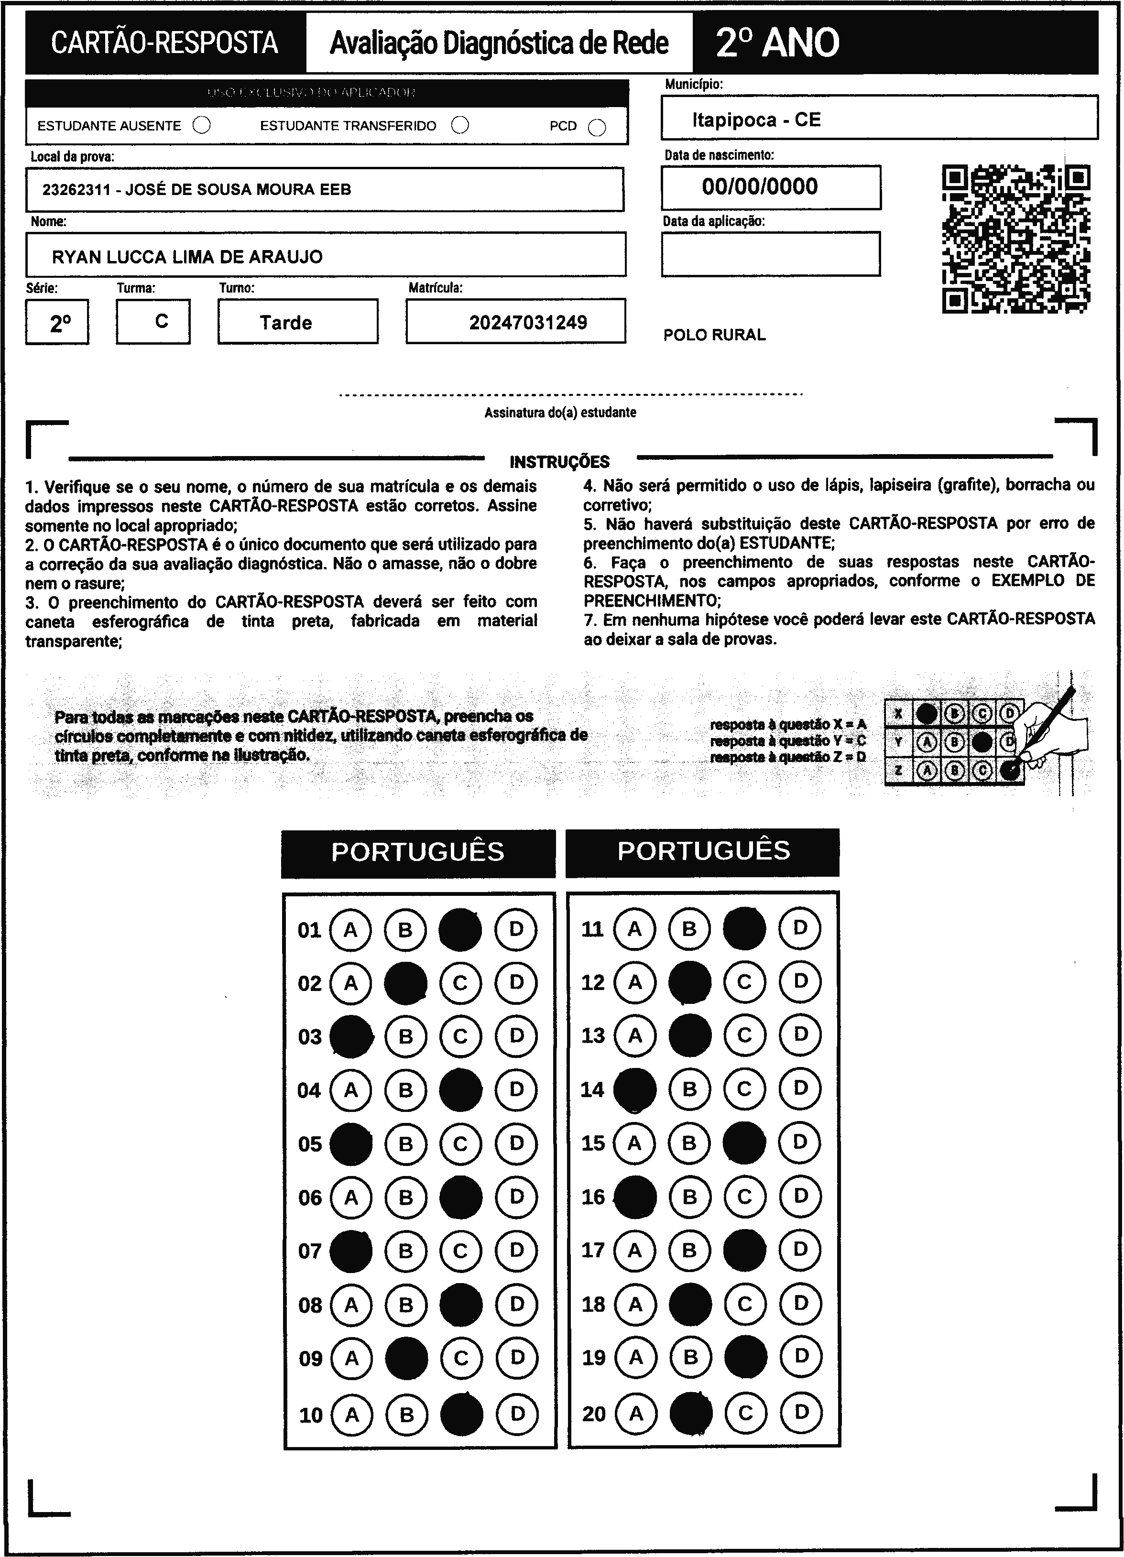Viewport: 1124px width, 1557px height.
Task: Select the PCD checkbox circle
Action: tap(597, 128)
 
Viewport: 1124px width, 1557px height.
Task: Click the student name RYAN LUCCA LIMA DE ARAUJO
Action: tap(187, 257)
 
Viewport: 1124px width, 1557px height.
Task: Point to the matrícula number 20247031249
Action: tap(528, 323)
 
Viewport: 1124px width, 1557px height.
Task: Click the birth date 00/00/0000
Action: tap(759, 187)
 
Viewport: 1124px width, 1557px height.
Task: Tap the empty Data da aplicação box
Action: tap(770, 254)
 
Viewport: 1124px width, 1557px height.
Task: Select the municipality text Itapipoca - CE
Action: tap(756, 120)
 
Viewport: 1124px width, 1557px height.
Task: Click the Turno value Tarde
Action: tap(285, 323)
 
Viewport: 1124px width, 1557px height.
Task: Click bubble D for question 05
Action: tap(516, 1143)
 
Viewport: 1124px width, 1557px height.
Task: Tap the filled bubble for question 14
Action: tap(634, 1089)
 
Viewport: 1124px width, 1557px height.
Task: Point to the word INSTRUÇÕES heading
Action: tap(559, 462)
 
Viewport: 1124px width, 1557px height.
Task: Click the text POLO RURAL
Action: tap(714, 335)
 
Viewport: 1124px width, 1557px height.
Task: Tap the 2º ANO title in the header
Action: tap(777, 43)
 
